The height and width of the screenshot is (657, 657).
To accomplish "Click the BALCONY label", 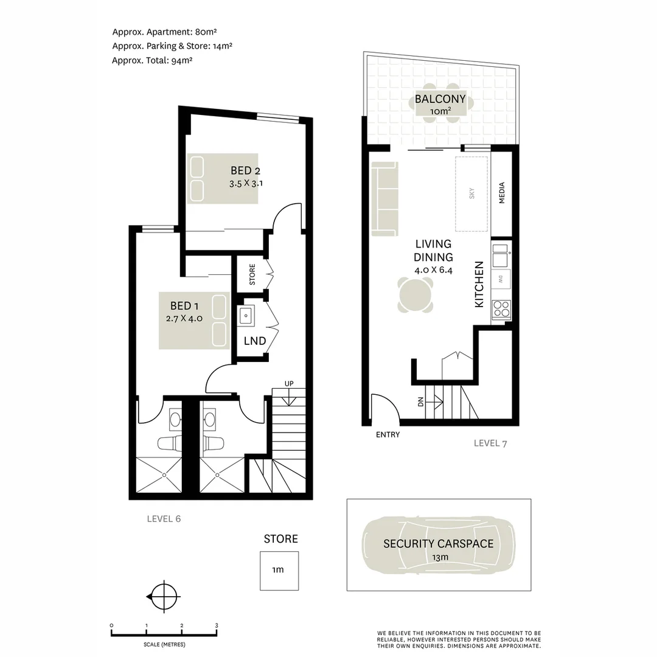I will pyautogui.click(x=440, y=99).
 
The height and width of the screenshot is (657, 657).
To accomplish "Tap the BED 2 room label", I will pyautogui.click(x=246, y=170).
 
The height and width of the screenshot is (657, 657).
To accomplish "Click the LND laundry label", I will pyautogui.click(x=254, y=341).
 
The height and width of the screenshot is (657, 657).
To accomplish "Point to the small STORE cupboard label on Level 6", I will pyautogui.click(x=252, y=274).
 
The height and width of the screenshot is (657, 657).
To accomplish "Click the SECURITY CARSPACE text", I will pyautogui.click(x=438, y=544).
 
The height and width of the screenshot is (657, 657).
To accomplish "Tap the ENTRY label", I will pyautogui.click(x=388, y=434).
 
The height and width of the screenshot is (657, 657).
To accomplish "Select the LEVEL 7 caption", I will pyautogui.click(x=490, y=443).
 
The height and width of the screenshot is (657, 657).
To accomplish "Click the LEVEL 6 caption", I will pyautogui.click(x=164, y=519).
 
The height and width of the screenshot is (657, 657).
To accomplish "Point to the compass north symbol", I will pyautogui.click(x=163, y=596).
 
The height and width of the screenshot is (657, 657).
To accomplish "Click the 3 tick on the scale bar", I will pyautogui.click(x=217, y=625).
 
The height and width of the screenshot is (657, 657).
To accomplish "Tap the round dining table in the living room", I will pyautogui.click(x=416, y=295).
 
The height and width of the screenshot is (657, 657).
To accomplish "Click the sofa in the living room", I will pyautogui.click(x=384, y=199).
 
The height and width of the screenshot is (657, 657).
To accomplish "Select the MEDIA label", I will pyautogui.click(x=502, y=193).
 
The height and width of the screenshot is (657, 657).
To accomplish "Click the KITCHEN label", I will pyautogui.click(x=479, y=284).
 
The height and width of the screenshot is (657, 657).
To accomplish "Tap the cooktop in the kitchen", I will pyautogui.click(x=501, y=310).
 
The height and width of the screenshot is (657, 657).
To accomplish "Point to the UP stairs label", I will pyautogui.click(x=290, y=383).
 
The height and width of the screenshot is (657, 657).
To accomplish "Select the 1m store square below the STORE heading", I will pyautogui.click(x=279, y=571).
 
